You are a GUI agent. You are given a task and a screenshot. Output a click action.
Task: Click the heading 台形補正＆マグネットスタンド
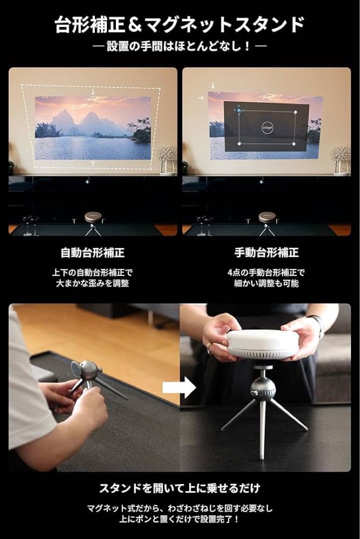[180, 24]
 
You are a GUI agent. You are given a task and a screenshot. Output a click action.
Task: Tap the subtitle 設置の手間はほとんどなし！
[179, 46]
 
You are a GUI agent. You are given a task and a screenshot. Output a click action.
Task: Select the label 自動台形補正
[92, 253]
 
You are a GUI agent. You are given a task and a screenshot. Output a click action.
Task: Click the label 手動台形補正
[267, 253]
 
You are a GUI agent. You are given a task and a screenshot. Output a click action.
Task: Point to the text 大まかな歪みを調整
[92, 283]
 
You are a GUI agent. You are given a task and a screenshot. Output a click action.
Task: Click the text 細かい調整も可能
[267, 283]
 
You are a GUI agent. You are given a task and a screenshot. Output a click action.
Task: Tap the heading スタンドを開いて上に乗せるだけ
[180, 488]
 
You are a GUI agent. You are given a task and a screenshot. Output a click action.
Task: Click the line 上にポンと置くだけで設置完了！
[179, 519]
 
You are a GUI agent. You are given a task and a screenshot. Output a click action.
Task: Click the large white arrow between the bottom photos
[179, 387]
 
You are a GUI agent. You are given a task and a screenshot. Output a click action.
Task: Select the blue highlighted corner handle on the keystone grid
[239, 111]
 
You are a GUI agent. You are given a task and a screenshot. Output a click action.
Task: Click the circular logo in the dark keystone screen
[267, 127]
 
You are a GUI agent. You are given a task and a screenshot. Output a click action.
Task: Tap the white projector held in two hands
[263, 344]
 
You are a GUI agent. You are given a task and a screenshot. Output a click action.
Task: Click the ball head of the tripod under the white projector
[263, 388]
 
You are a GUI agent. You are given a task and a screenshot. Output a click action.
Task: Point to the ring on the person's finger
[209, 348]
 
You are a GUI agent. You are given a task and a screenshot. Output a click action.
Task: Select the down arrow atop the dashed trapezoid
[93, 92]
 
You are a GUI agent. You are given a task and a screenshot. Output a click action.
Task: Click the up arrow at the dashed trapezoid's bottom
[93, 163]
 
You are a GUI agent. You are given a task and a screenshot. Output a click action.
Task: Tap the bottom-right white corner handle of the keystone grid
[294, 144]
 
